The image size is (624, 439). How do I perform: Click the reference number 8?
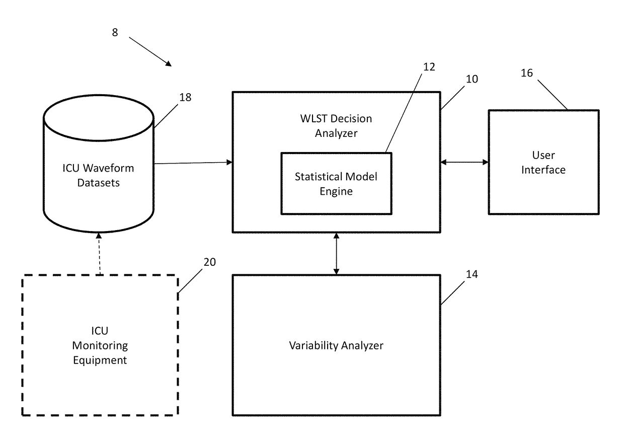coord(115,32)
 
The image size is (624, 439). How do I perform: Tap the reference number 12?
coord(429,67)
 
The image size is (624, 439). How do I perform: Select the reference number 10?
coord(472,79)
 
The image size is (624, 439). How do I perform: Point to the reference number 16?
coord(527,73)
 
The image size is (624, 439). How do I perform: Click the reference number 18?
coord(185,97)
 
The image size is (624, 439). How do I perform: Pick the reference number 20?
coord(209,262)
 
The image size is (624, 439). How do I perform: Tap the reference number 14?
coord(472,274)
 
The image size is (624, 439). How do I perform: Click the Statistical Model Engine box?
coord(336,153)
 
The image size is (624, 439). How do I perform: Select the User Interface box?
coord(544,110)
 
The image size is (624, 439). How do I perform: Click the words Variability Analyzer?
coord(336,346)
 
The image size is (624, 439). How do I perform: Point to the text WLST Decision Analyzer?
coord(336,126)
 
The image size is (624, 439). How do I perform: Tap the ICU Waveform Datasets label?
coord(98,175)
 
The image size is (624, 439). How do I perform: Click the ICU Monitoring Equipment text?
coord(100,345)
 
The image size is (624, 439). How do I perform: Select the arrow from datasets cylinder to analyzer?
coord(193,163)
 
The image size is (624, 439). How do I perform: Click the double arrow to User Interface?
coord(464,162)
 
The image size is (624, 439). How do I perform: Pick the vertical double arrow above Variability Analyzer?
coord(336,254)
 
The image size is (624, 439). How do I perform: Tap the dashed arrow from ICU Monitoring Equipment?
coord(99,254)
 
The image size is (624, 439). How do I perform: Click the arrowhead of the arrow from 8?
coord(169,64)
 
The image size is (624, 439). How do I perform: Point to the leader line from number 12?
coord(404,113)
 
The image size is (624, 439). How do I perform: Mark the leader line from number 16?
coord(553,95)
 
